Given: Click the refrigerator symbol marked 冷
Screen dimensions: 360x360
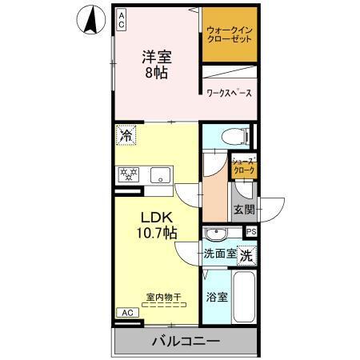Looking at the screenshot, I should pyautogui.click(x=126, y=136).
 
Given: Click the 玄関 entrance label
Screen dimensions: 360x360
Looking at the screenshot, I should pyautogui.click(x=244, y=210).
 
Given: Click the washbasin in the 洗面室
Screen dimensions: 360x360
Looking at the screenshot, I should pyautogui.click(x=217, y=234).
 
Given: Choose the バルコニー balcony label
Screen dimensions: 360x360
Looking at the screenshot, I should pyautogui.click(x=186, y=341).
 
